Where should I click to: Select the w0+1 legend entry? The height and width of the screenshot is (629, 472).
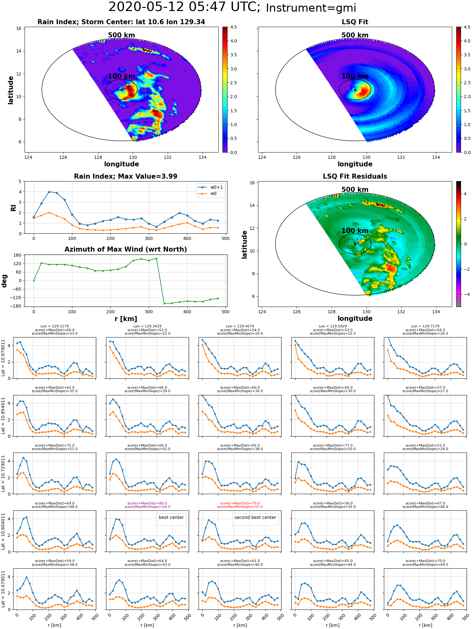point(211,187)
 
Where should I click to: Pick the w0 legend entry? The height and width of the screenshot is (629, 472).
point(211,194)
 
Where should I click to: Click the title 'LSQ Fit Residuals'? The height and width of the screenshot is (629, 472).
point(355,176)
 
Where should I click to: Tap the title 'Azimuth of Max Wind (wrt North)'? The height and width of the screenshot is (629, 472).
point(126,249)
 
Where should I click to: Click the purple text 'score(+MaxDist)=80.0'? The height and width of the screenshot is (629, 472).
point(147,503)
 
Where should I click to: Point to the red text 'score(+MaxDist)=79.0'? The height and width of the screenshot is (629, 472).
point(240,503)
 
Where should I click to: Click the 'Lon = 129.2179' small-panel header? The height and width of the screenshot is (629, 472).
point(54,326)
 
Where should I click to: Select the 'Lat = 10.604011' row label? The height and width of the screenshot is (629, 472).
point(3,531)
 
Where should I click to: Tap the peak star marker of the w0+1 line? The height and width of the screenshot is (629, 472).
point(49,192)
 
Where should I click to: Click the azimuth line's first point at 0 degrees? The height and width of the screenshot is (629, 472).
point(34,281)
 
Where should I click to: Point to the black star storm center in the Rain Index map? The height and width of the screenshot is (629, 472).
point(121,90)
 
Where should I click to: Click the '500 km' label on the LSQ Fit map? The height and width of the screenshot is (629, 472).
point(355,35)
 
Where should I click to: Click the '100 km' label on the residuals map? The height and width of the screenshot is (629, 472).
point(355,231)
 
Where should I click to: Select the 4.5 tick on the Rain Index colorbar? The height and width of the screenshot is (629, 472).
point(233,27)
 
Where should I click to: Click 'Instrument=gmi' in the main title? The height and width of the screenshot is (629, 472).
point(311,8)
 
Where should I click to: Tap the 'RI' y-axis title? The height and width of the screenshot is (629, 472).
point(14,208)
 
